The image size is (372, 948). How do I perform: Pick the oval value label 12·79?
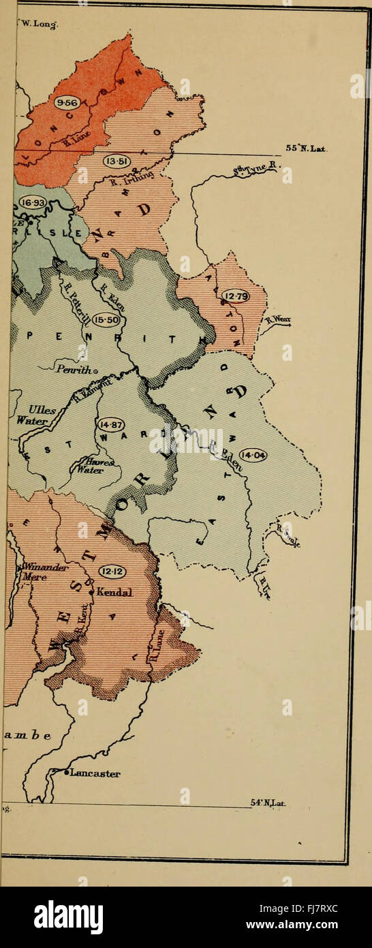tap(235, 296)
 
